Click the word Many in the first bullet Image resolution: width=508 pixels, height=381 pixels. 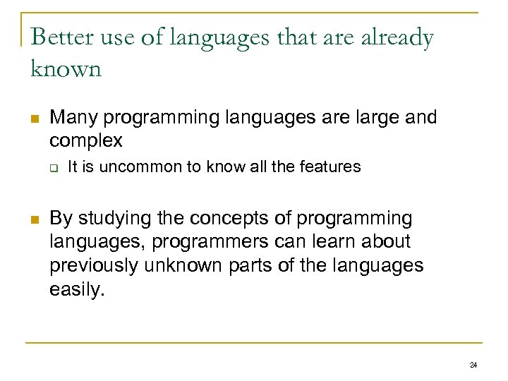pyautogui.click(x=73, y=117)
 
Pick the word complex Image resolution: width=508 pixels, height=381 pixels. pyautogui.click(x=86, y=140)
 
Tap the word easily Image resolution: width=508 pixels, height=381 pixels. pyautogui.click(x=76, y=290)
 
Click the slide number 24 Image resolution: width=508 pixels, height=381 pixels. pyautogui.click(x=473, y=365)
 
